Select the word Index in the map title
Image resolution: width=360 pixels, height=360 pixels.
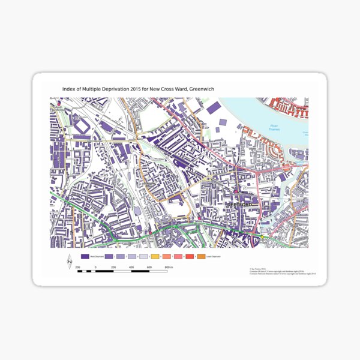coord(70,89)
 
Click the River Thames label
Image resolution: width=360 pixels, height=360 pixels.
coord(274,127)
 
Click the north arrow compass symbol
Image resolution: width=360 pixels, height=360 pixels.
coord(70,262)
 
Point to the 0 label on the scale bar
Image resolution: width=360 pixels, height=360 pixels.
coord(96,266)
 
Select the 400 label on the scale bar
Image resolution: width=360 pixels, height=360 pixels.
coord(131,266)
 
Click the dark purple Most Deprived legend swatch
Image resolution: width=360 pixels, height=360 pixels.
coord(85,256)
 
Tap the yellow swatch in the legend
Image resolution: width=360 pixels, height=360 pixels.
coord(155,256)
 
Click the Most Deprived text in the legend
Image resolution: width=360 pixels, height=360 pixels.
coord(97,256)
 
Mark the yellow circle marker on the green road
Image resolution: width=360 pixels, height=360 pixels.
coord(262,238)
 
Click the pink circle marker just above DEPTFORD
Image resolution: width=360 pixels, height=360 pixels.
coord(236,192)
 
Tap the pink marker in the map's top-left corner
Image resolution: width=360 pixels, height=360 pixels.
coord(58,103)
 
